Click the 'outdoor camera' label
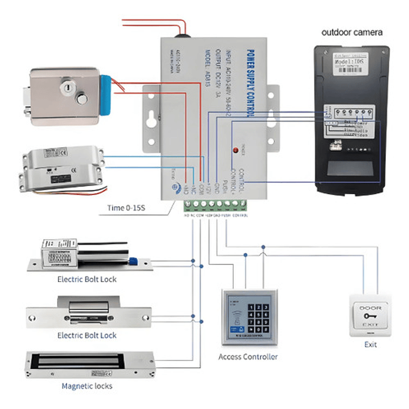pyautogui.click(x=352, y=32)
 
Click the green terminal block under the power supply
pyautogui.click(x=217, y=204)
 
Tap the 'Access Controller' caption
pyautogui.click(x=248, y=357)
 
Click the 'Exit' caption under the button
pyautogui.click(x=370, y=345)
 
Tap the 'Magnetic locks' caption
pyautogui.click(x=87, y=386)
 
